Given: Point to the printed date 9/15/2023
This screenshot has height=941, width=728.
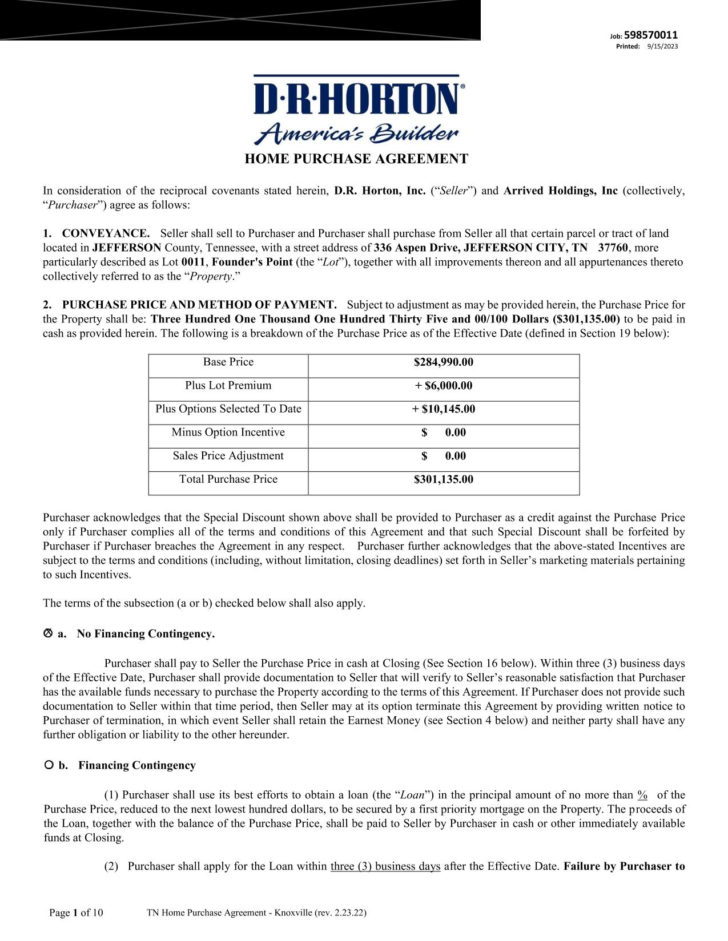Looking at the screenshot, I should point(662,46).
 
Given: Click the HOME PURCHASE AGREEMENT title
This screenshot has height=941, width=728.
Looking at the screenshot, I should point(356,159).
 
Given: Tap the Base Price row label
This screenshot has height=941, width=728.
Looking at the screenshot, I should point(228,362).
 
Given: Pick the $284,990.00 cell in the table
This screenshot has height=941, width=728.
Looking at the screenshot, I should point(444,362).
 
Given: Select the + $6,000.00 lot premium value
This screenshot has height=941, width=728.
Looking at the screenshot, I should point(444,386).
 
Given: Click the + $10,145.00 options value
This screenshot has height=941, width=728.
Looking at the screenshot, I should point(444,409).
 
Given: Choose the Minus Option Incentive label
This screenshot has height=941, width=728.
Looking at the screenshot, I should point(228,432).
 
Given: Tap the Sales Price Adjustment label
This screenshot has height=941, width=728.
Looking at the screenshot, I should point(228,455).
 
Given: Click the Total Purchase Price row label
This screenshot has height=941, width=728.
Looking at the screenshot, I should point(228,479).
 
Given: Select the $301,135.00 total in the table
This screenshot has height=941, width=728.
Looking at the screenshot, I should point(444,479).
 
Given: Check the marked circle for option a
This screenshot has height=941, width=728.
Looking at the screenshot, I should point(48,633).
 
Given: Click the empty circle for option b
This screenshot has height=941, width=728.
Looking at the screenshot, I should point(49,765).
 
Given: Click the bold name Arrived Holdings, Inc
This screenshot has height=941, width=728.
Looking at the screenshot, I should point(560,191).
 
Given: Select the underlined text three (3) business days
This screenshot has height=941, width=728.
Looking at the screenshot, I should point(385,866).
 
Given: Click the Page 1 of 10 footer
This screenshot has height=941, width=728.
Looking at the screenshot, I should point(76,912).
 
